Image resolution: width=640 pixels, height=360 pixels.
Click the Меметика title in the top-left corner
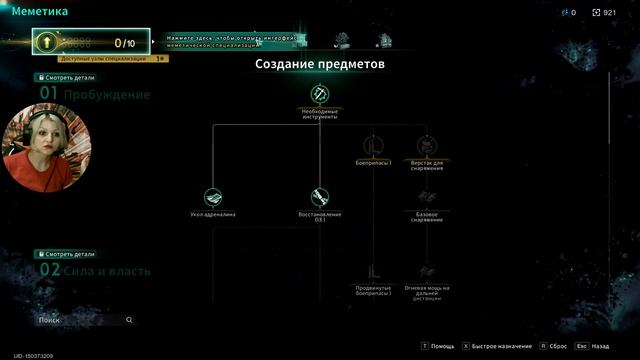(x=40, y=12)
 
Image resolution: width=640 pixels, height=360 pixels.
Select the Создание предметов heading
(x=320, y=64)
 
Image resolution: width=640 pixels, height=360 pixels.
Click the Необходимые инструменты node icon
(x=320, y=95)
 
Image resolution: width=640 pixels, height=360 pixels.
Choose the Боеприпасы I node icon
(x=373, y=146)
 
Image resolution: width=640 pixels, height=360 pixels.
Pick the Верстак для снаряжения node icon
(x=427, y=146)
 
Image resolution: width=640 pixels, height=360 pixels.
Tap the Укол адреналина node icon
(x=213, y=197)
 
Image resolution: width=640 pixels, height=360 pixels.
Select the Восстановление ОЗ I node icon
(x=320, y=197)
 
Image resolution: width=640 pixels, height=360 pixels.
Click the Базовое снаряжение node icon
(x=427, y=197)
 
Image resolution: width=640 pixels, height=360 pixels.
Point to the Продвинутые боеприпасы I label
(x=373, y=292)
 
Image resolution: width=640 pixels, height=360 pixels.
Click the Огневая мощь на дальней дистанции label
(x=427, y=292)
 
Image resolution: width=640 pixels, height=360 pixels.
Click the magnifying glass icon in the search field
(x=129, y=320)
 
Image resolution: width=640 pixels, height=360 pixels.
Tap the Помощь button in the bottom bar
(x=439, y=346)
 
